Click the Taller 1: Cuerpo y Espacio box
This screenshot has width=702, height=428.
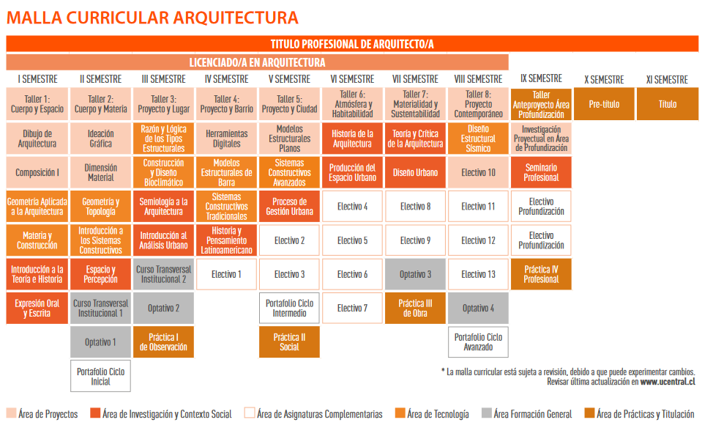click(37, 104)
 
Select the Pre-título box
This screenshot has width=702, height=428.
click(604, 104)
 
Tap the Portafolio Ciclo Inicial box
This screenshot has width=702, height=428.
click(101, 376)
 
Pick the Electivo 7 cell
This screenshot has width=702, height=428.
click(352, 308)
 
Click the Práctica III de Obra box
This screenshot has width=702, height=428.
click(415, 308)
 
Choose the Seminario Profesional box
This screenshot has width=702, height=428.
click(541, 172)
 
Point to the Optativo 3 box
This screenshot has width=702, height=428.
click(415, 274)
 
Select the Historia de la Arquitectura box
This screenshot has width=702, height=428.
click(352, 139)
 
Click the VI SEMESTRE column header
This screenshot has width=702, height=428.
click(352, 79)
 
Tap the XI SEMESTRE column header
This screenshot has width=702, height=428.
click(667, 80)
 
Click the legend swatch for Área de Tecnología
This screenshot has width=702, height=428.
click(400, 413)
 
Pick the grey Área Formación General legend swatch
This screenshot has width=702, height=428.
click(487, 413)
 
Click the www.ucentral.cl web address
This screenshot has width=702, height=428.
click(668, 382)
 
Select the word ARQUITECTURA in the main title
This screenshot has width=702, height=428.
click(236, 18)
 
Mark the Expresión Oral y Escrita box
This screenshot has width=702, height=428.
click(37, 308)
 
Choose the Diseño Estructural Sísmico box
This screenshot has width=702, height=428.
click(478, 139)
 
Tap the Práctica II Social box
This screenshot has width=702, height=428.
click(289, 342)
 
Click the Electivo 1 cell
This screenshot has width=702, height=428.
click(226, 274)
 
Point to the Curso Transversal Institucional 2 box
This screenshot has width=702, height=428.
click(163, 274)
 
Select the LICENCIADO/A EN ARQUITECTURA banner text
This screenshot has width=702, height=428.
click(257, 62)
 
